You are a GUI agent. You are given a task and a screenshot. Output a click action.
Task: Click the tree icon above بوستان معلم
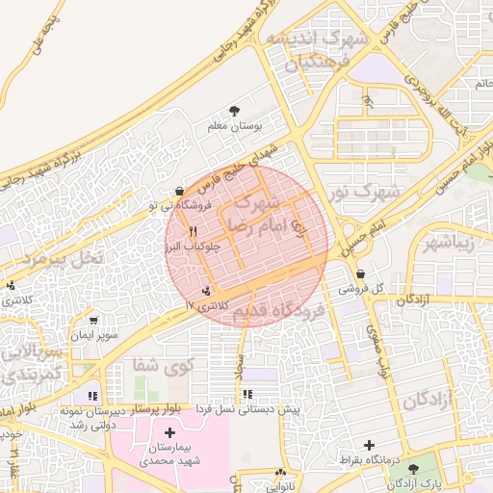(236, 111)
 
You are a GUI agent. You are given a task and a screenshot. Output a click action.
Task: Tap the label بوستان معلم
(236, 126)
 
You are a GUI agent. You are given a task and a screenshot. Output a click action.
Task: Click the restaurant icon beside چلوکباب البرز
(194, 232)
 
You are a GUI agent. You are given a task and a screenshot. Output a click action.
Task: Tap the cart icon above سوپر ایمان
(93, 321)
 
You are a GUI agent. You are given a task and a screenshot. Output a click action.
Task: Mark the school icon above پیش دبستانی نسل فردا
(248, 394)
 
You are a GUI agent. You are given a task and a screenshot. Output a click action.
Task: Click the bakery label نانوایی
(281, 486)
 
